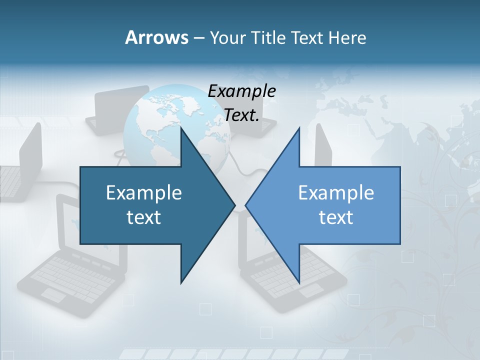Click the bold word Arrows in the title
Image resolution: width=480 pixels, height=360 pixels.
(x=156, y=37)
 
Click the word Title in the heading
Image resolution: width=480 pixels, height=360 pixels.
(x=268, y=37)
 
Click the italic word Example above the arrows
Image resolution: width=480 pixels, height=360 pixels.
(x=241, y=91)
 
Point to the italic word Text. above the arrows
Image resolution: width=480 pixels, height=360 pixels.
(x=241, y=115)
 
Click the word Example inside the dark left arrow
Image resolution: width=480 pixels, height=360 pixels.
(x=144, y=192)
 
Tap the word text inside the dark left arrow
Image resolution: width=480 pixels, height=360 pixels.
(x=144, y=217)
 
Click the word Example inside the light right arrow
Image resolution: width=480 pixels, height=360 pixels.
(x=336, y=192)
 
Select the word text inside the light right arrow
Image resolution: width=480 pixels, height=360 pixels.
(x=336, y=217)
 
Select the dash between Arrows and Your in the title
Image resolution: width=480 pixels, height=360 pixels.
(x=198, y=38)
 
